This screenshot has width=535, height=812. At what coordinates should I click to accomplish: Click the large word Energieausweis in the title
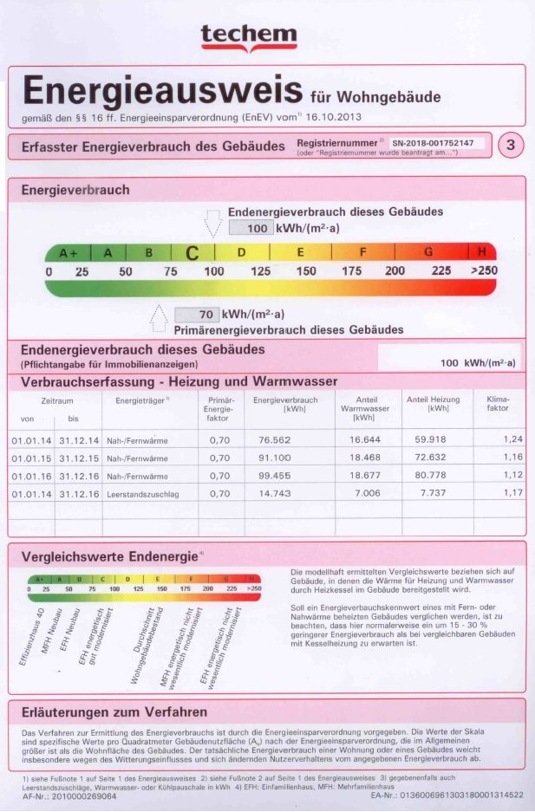pyautogui.click(x=162, y=91)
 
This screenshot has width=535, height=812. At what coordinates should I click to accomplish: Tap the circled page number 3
pyautogui.click(x=511, y=146)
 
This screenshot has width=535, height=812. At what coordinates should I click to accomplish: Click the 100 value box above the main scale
pyautogui.click(x=251, y=229)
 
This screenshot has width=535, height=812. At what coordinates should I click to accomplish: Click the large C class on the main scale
pyautogui.click(x=192, y=253)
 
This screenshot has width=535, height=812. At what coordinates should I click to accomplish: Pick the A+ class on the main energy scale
pyautogui.click(x=68, y=253)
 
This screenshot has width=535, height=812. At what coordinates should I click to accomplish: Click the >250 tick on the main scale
pyautogui.click(x=484, y=271)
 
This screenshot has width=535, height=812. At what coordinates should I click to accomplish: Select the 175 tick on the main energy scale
pyautogui.click(x=351, y=271)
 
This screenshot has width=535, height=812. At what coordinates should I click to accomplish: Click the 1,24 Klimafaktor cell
pyautogui.click(x=513, y=439)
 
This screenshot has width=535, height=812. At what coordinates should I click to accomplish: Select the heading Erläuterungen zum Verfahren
pyautogui.click(x=114, y=712)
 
